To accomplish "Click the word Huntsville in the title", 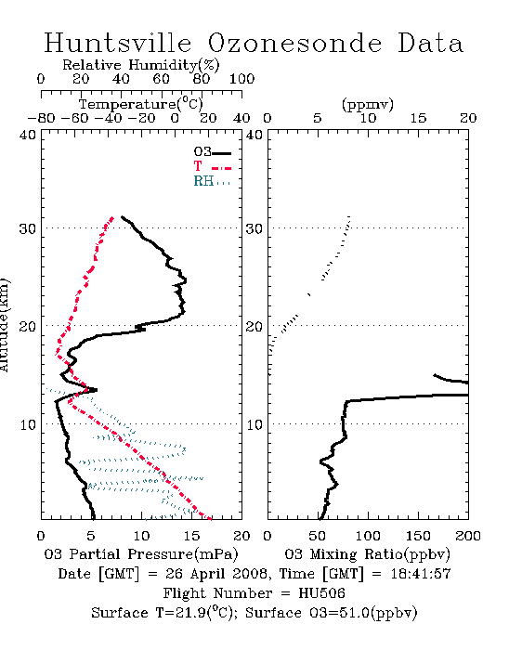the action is click(118, 43).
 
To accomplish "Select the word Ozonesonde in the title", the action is click(294, 43).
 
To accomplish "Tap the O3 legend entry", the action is click(213, 152).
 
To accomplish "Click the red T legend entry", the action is click(213, 166).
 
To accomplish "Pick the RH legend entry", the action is click(212, 181).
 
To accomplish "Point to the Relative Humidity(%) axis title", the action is click(141, 65).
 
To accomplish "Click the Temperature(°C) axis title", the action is click(141, 104).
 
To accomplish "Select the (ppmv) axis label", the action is click(368, 104).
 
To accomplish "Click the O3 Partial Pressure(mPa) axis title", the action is click(141, 554).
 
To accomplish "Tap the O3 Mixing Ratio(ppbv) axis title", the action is click(367, 554).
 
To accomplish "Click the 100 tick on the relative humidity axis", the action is click(241, 79).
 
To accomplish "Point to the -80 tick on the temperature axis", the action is click(41, 119).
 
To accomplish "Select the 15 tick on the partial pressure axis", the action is click(191, 536).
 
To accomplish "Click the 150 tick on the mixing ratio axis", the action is click(418, 536).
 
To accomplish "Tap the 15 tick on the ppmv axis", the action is click(418, 119).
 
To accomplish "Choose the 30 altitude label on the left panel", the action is click(28, 228).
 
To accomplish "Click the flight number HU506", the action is click(321, 593).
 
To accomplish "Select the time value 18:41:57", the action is click(421, 574).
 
